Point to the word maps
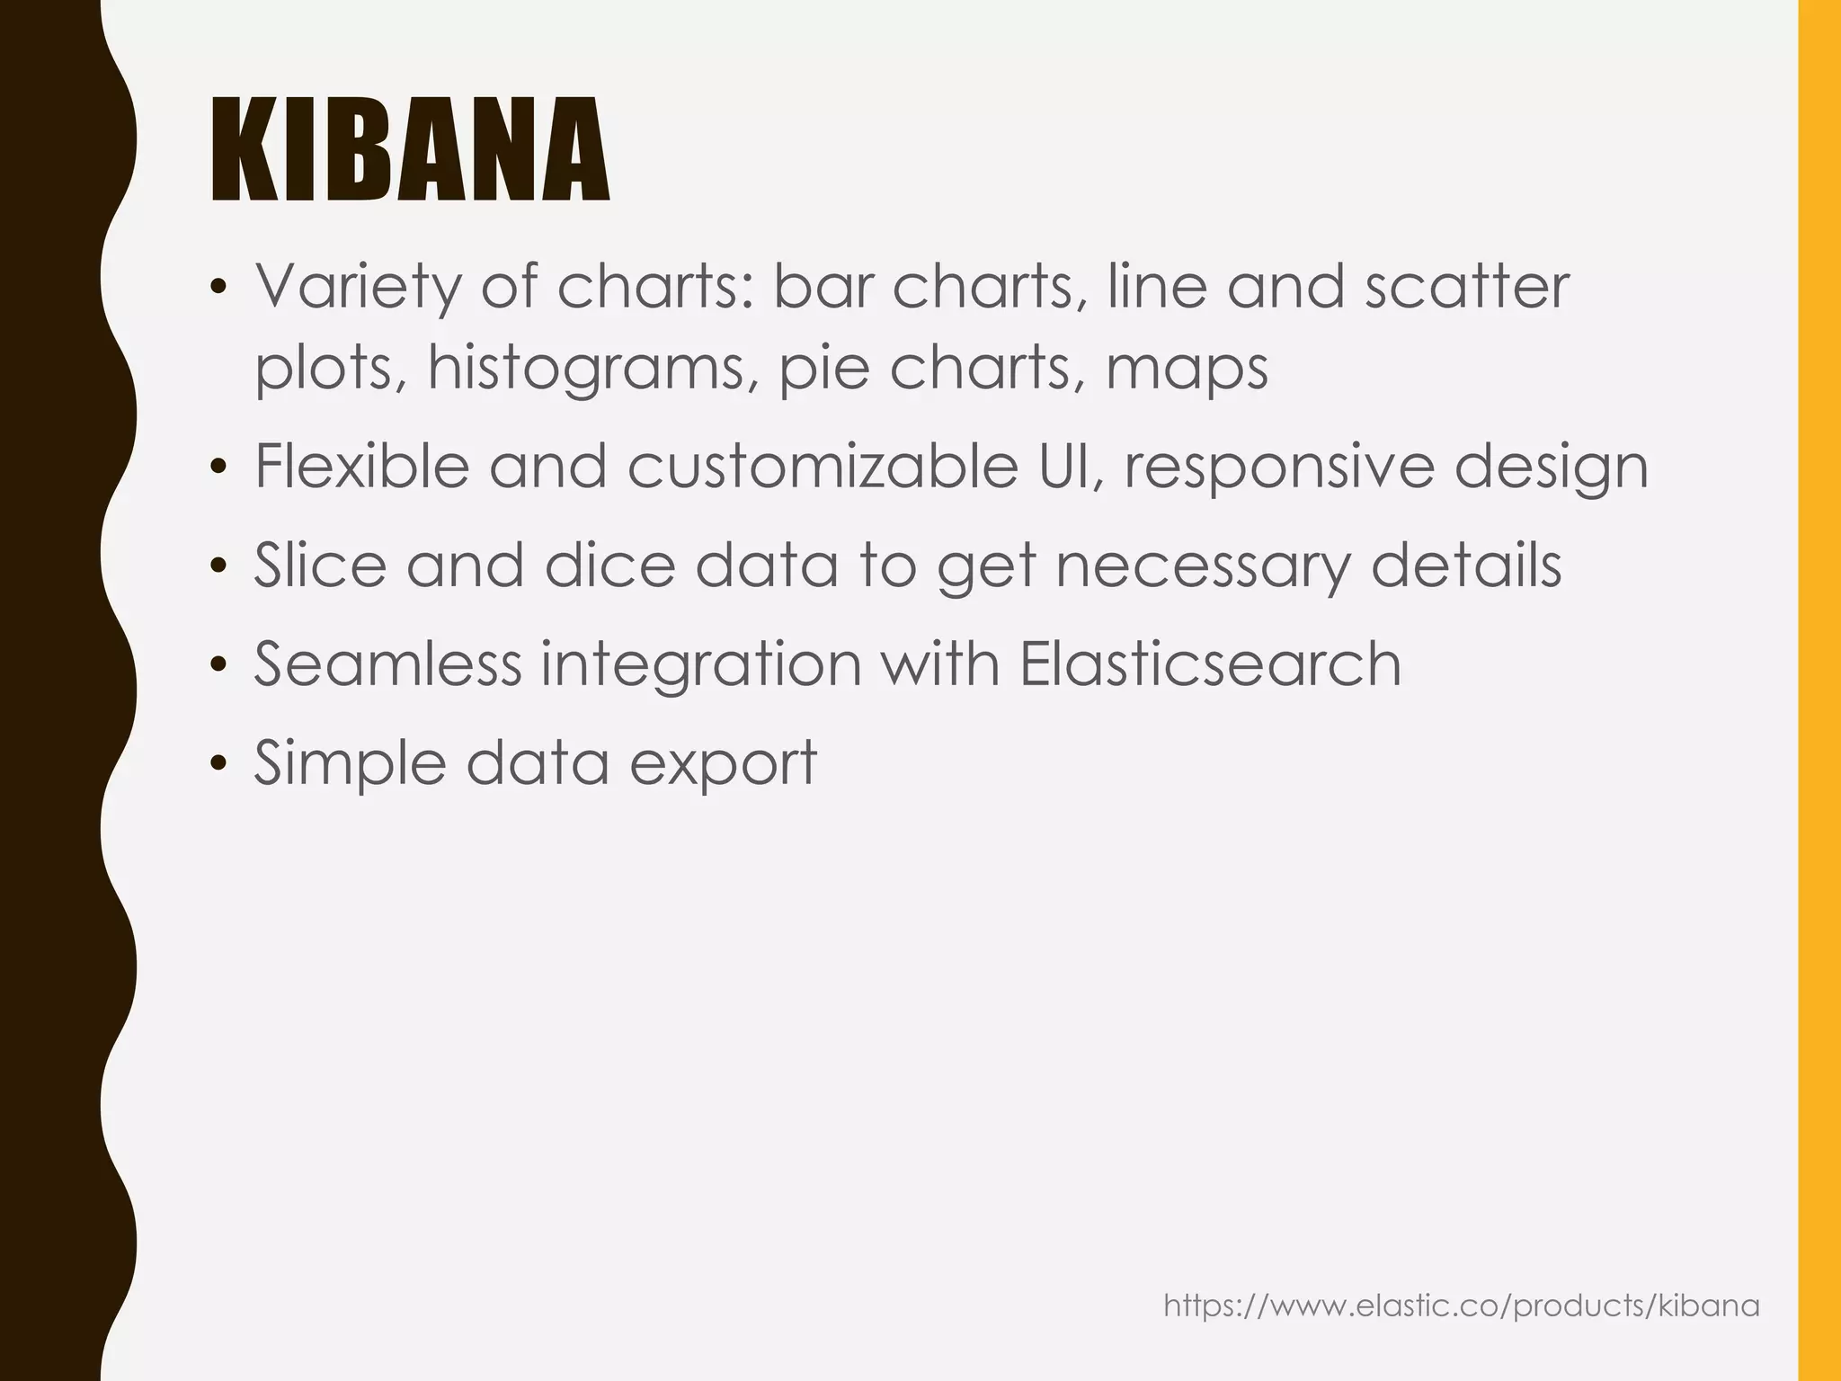coord(1187,369)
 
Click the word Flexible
coord(361,467)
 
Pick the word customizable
coord(822,467)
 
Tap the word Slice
coord(320,566)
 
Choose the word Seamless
coord(387,664)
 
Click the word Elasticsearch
coord(1210,664)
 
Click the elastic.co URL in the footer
coord(1462,1305)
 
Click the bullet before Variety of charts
coord(217,289)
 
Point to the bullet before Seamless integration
coord(217,666)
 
